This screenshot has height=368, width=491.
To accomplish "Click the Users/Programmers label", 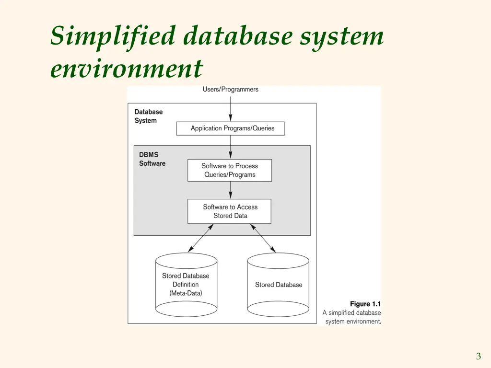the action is click(231, 90).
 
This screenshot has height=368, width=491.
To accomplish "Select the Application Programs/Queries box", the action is click(231, 128).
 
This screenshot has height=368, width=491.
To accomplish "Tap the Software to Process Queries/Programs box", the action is click(230, 170).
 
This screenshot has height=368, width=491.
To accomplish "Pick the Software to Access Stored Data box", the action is click(230, 211).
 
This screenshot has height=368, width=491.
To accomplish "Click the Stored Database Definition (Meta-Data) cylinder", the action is click(187, 285).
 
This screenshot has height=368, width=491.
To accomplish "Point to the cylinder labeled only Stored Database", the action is click(278, 285).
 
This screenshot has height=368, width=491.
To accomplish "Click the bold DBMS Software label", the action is click(152, 159).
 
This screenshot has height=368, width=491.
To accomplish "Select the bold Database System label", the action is click(149, 116).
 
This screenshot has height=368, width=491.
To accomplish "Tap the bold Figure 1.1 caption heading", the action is click(365, 304).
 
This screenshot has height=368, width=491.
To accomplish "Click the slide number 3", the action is click(479, 356).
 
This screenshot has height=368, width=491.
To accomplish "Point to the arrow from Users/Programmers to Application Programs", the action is click(231, 109).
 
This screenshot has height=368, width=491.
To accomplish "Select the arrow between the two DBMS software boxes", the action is click(231, 190).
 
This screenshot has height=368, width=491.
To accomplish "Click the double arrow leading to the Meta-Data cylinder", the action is click(201, 238).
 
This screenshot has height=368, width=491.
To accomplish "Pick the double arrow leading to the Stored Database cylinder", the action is click(263, 238).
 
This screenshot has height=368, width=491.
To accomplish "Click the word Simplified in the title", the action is click(113, 36).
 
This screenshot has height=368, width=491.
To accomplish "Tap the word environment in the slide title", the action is click(127, 69).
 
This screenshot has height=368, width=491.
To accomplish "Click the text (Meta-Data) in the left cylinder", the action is click(186, 293).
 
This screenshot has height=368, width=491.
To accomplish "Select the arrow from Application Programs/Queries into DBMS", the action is click(231, 147).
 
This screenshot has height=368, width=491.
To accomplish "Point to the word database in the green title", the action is click(238, 35).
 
